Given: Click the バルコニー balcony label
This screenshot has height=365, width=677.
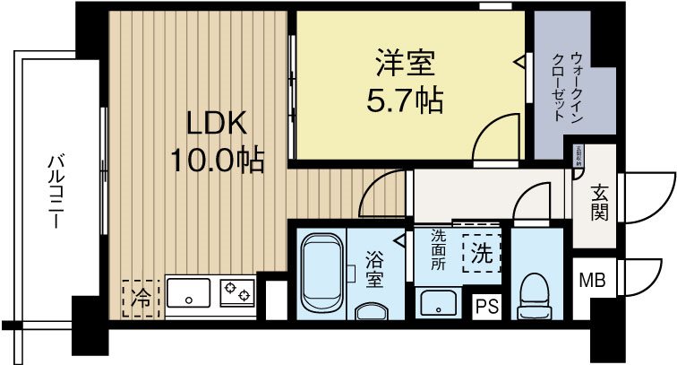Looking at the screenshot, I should [56, 192].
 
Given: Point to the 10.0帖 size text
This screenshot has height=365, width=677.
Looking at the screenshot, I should [218, 160].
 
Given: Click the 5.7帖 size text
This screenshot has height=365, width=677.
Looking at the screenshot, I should [405, 100].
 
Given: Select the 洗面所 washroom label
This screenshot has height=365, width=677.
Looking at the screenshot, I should [438, 249].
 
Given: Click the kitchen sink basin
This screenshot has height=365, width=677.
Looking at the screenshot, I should [189, 291].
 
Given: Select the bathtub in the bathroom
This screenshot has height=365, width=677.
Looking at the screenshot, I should [321, 274].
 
